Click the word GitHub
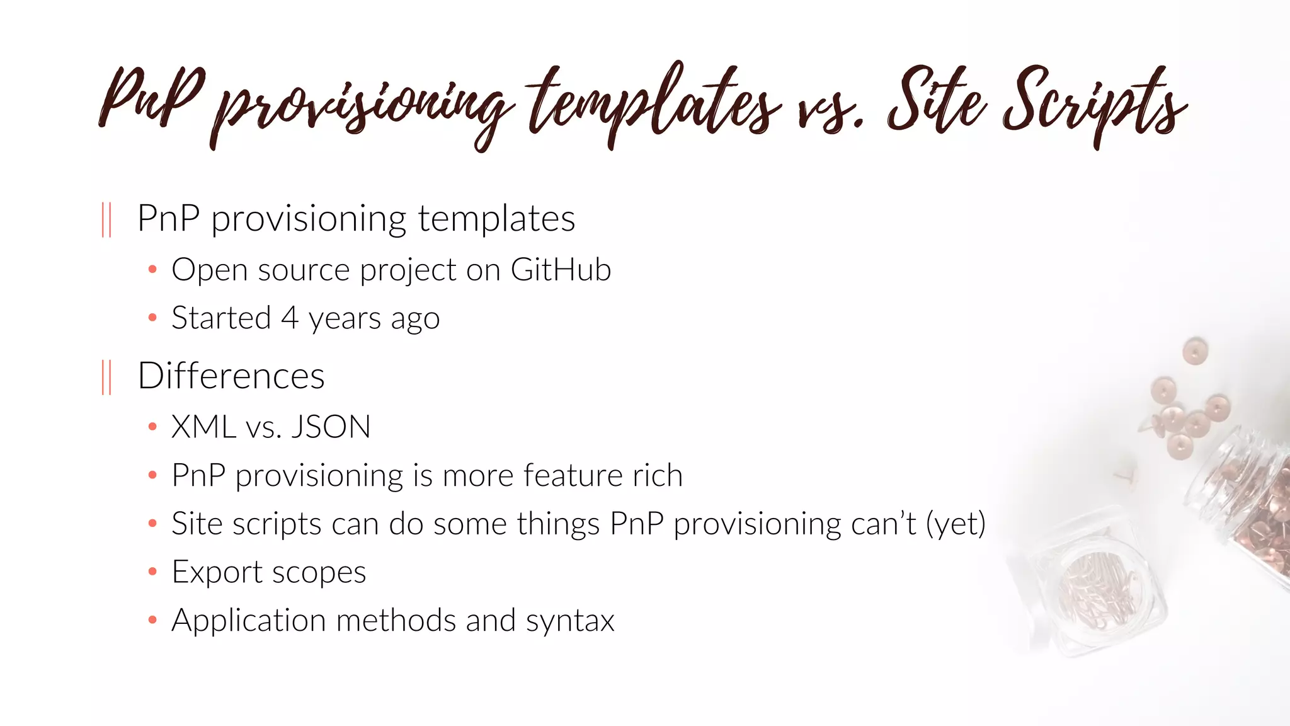tap(561, 270)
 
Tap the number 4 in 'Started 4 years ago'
tap(289, 318)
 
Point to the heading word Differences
tap(231, 376)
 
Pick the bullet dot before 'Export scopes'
tap(152, 572)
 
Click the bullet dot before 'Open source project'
tap(152, 270)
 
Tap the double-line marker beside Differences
tap(106, 377)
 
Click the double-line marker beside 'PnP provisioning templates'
tap(106, 219)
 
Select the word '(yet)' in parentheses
tap(955, 524)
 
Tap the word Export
tap(217, 572)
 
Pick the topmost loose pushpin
tap(1194, 350)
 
